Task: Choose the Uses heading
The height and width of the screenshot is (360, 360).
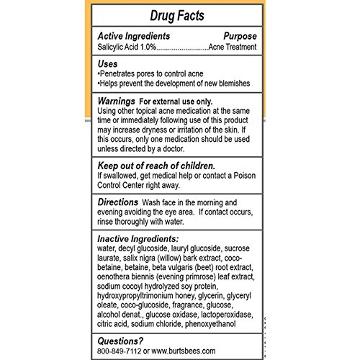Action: pyautogui.click(x=110, y=63)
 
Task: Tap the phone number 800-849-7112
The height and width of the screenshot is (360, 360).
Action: pyautogui.click(x=123, y=352)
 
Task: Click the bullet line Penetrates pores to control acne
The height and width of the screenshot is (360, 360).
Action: pyautogui.click(x=162, y=74)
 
